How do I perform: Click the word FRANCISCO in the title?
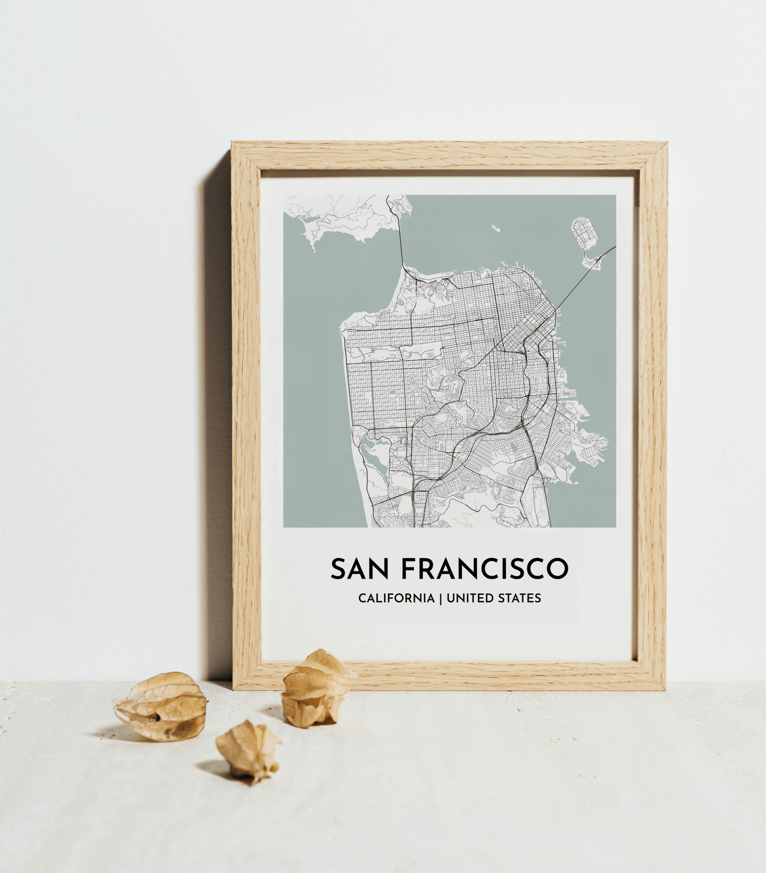[484, 568]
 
